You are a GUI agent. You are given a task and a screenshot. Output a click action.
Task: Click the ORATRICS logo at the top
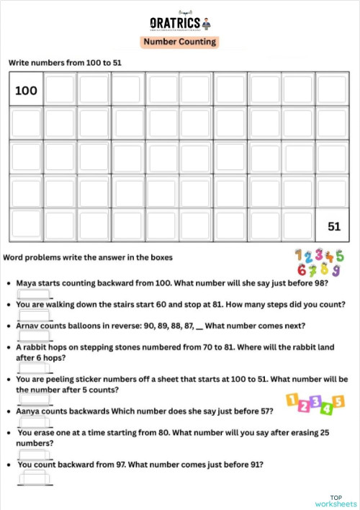click(x=179, y=22)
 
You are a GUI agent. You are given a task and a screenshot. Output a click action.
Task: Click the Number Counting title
click(x=179, y=42)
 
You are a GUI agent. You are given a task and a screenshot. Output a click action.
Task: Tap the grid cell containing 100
click(x=26, y=91)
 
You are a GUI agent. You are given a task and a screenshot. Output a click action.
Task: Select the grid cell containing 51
click(x=333, y=225)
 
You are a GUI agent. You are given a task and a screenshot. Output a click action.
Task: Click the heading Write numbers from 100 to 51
click(x=65, y=63)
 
